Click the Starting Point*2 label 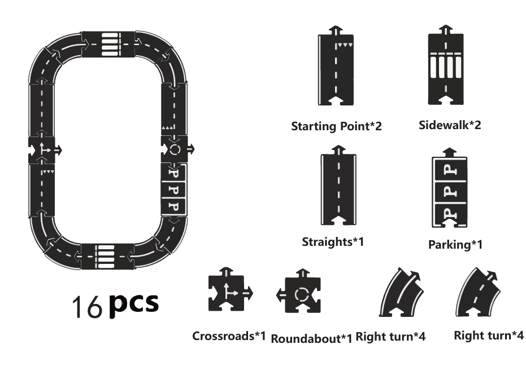click(336, 126)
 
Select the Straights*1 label click(332, 242)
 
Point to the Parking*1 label click(455, 245)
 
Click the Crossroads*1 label click(229, 336)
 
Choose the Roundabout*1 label click(311, 338)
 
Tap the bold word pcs click(134, 303)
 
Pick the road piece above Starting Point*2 click(336, 69)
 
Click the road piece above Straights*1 click(337, 188)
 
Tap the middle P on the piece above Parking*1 click(450, 192)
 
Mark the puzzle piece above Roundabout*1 click(300, 294)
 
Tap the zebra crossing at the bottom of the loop click(107, 256)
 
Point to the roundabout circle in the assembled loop click(175, 149)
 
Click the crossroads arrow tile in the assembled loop click(43, 150)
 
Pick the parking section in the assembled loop click(174, 188)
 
